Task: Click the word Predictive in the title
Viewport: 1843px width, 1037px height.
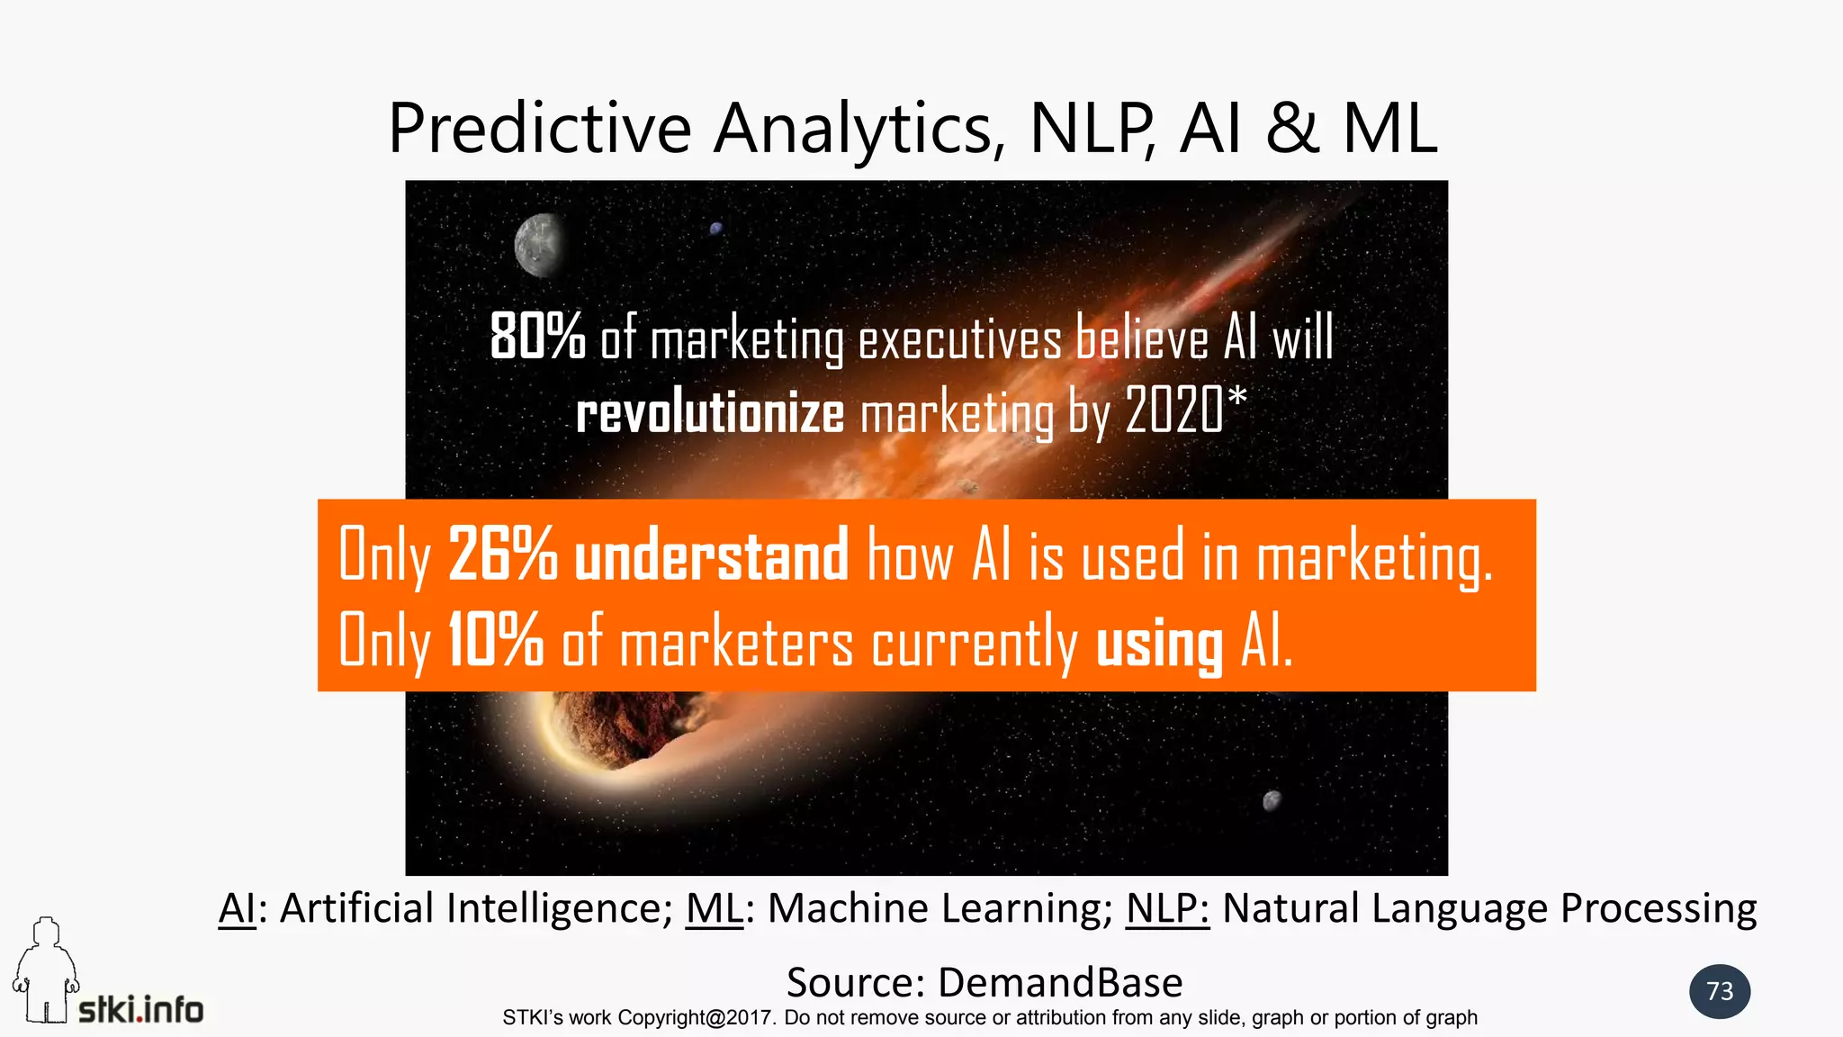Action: click(539, 129)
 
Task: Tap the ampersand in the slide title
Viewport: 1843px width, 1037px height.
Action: click(1292, 129)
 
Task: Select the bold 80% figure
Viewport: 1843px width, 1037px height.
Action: click(537, 338)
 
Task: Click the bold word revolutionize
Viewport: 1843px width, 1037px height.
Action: click(710, 413)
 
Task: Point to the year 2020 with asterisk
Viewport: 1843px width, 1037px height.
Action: click(1185, 410)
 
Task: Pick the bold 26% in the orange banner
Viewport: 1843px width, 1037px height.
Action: click(502, 555)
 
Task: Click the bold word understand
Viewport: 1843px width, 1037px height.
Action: click(711, 555)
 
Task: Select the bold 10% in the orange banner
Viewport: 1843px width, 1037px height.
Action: click(495, 640)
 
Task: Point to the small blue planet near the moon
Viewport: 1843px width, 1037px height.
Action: click(716, 229)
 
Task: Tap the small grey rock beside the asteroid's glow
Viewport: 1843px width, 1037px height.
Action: click(1272, 800)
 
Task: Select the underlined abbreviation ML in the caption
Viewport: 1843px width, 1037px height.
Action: click(714, 909)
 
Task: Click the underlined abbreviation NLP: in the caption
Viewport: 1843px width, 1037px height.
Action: click(1167, 909)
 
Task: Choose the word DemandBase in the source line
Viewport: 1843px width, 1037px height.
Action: click(1060, 982)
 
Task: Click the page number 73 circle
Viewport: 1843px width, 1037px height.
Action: click(1720, 991)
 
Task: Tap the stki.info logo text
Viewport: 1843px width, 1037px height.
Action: click(141, 1010)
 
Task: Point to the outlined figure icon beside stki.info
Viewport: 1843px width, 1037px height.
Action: click(44, 972)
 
